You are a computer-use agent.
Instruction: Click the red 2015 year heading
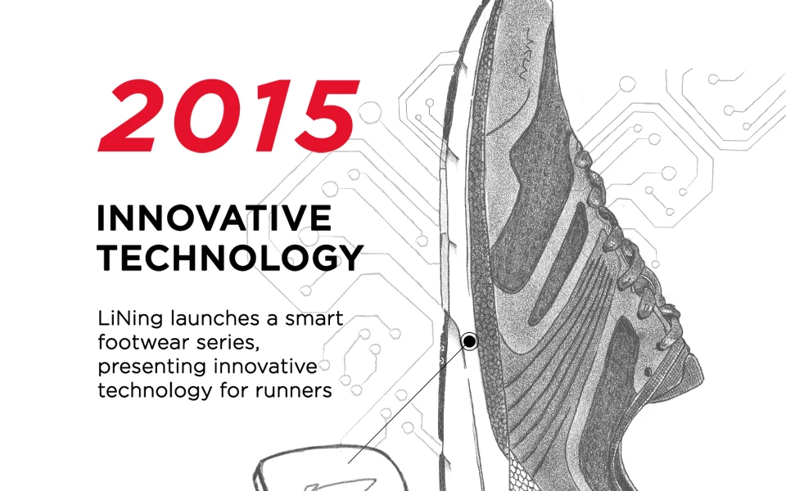[x=229, y=115]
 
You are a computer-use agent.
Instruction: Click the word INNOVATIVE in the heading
[x=215, y=218]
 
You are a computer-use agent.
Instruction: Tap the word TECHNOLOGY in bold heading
[x=230, y=258]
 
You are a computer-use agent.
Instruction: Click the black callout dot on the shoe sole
[x=470, y=341]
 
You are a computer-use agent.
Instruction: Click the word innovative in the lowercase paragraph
[x=265, y=367]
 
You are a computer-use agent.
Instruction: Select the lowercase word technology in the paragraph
[x=156, y=391]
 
